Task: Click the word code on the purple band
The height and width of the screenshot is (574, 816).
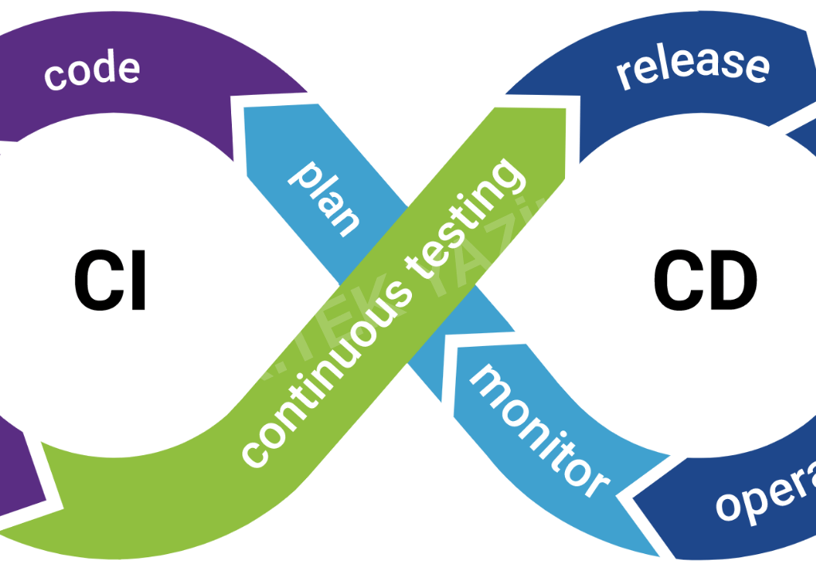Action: pos(92,71)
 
